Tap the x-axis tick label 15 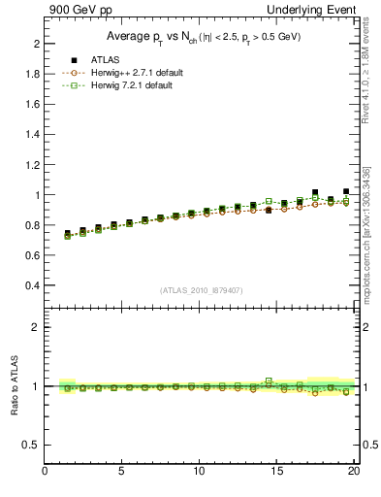click(277, 473)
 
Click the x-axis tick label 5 click(122, 473)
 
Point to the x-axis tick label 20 click(354, 473)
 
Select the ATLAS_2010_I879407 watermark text click(200, 289)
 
